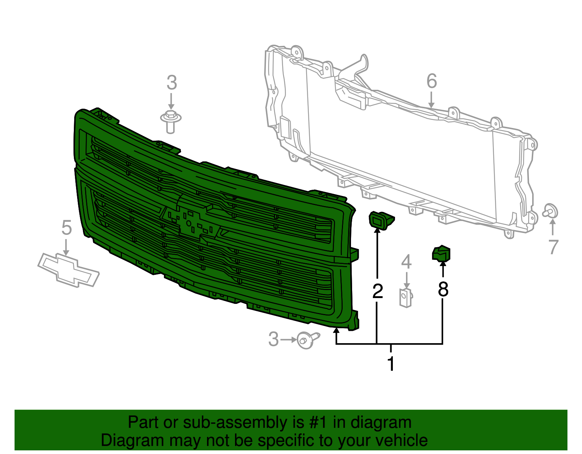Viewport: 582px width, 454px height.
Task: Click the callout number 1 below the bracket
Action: (x=391, y=364)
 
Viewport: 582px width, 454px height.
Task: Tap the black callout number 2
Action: (x=378, y=291)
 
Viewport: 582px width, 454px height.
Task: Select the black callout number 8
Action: (x=443, y=289)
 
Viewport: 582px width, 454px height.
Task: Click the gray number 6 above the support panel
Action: (x=431, y=81)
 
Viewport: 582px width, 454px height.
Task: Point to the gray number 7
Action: (x=553, y=247)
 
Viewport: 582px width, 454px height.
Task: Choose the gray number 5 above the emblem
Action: (x=67, y=228)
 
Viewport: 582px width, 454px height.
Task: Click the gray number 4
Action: (x=406, y=262)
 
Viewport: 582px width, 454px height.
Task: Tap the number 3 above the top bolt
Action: (x=172, y=83)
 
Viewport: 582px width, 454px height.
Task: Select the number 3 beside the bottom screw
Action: (x=273, y=339)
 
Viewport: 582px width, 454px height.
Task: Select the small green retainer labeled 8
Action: (x=441, y=253)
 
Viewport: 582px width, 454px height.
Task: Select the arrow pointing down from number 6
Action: (x=431, y=100)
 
